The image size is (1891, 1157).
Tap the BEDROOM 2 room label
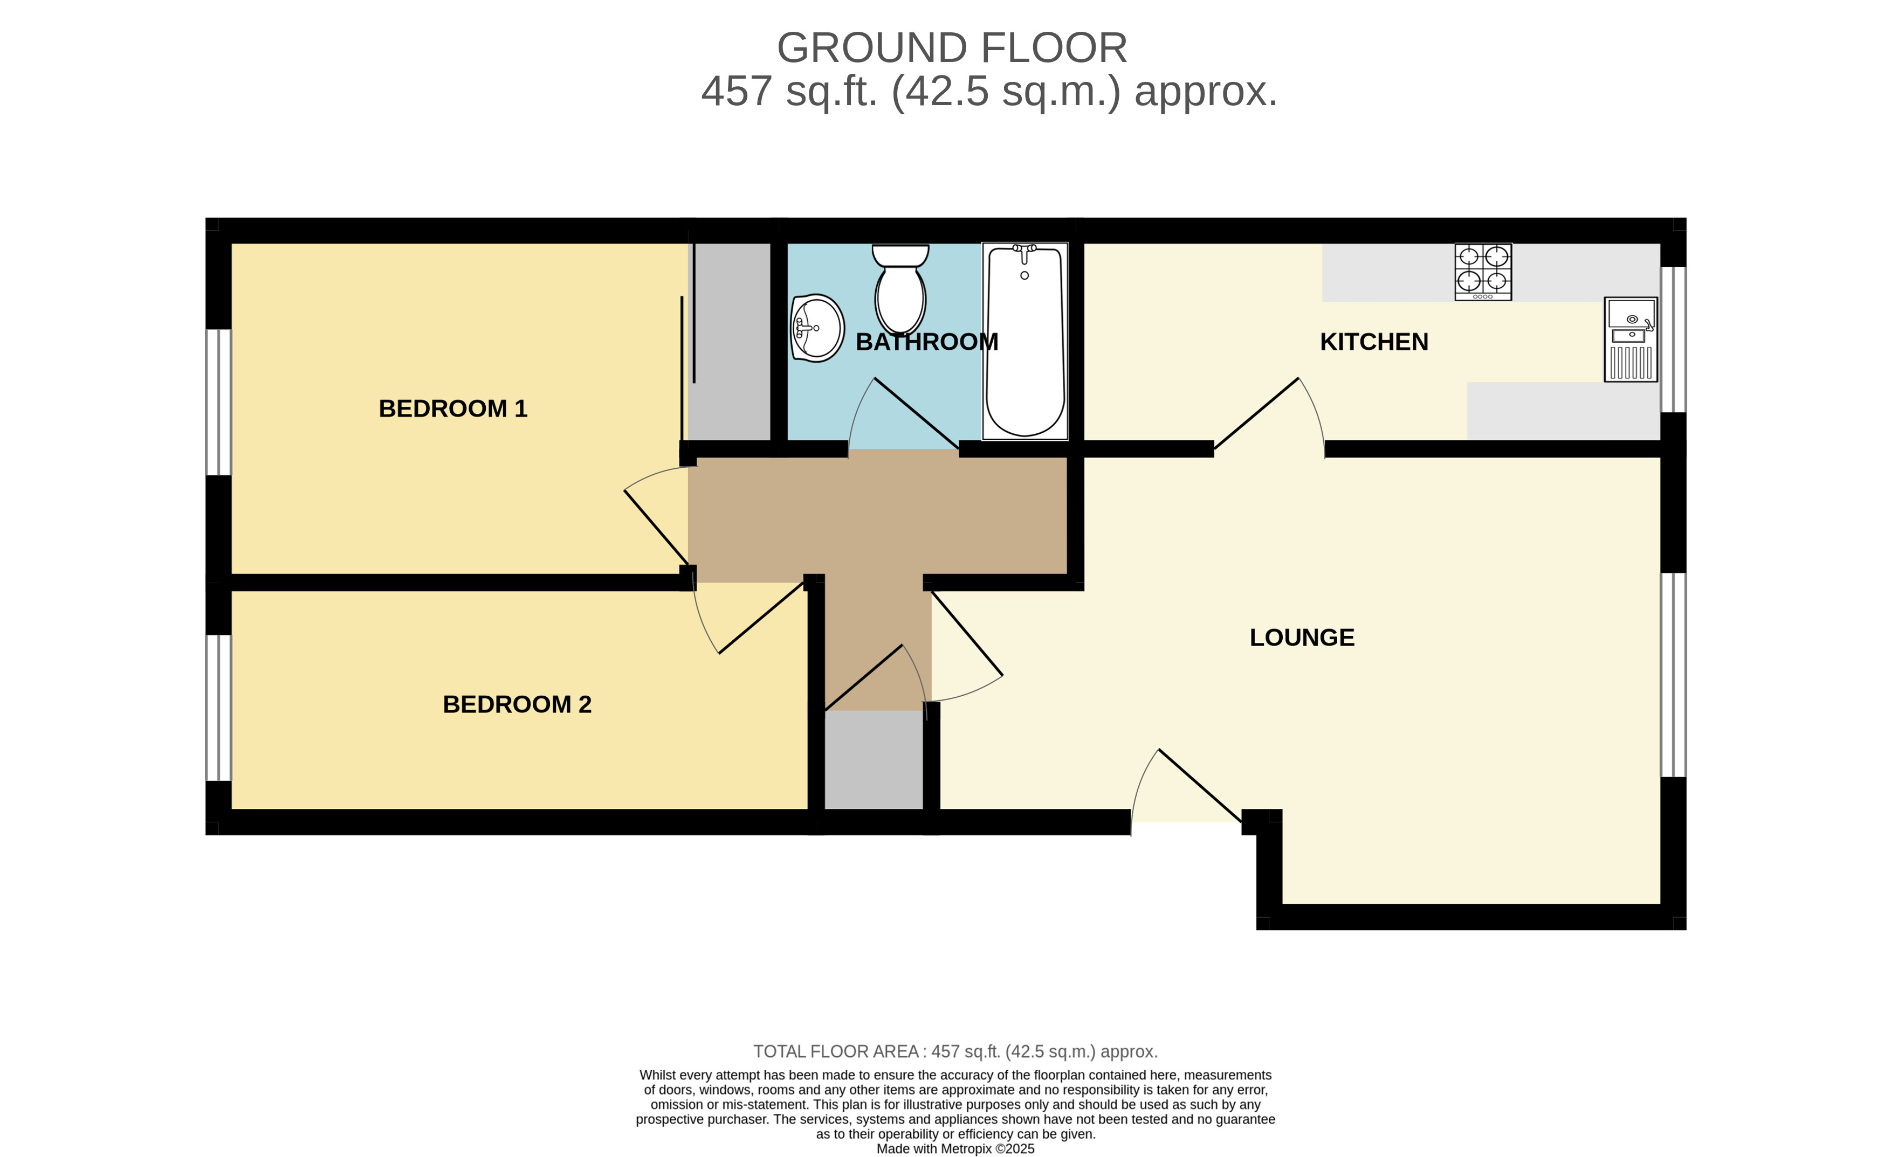click(517, 704)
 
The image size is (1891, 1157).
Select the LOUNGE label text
click(1302, 638)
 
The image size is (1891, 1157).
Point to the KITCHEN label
click(1374, 342)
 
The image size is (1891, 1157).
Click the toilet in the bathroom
click(900, 290)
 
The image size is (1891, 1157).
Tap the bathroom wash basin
click(817, 328)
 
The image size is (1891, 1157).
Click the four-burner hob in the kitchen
click(1483, 272)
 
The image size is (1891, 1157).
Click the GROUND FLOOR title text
click(952, 47)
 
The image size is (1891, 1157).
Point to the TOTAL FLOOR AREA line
click(955, 1051)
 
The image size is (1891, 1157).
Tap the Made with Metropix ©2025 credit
click(955, 1148)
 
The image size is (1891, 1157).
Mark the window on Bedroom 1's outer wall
click(219, 402)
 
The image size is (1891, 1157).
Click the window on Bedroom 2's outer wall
click(219, 708)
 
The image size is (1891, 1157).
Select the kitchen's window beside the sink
click(1674, 339)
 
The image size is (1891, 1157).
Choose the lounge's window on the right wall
click(1674, 675)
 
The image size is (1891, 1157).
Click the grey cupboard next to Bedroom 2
click(874, 760)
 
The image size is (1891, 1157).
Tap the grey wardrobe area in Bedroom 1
click(729, 342)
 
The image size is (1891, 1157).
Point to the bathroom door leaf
click(916, 413)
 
